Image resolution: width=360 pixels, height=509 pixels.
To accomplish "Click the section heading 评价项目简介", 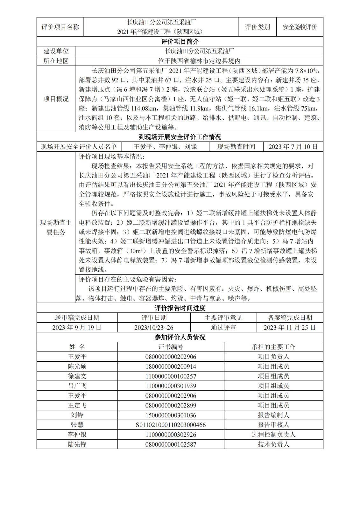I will point(180,42).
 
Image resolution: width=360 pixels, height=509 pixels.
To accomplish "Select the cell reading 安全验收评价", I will point(300,27).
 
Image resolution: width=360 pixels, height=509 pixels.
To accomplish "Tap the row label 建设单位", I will point(56,51).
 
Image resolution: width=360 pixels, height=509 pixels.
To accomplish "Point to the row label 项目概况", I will point(56,99).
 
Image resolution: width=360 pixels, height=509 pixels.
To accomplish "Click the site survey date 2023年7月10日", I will point(293,147).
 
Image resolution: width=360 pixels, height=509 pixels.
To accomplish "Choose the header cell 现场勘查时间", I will point(236,147).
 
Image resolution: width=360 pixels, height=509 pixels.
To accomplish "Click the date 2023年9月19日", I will point(77,327).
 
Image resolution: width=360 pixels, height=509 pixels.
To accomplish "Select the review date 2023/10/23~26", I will point(154,327).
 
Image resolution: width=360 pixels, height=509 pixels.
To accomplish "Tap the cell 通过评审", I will point(223,327).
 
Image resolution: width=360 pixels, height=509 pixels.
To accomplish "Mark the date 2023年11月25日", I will point(290,327).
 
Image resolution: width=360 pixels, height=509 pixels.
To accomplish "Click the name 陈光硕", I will point(77,366).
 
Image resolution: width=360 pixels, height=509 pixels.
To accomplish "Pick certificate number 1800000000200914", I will point(171,366).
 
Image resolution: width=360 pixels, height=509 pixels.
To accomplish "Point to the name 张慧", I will point(77,425).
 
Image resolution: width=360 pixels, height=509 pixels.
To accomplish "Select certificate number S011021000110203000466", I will point(171,425).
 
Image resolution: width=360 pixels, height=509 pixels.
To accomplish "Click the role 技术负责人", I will point(273,444).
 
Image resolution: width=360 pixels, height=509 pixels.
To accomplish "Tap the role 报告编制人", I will point(273,415).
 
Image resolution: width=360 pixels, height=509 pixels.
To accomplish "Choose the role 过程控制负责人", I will point(273,435).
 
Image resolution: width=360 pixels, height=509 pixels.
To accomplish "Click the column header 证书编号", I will point(171,347).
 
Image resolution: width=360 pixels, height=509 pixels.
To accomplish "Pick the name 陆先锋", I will point(77,444).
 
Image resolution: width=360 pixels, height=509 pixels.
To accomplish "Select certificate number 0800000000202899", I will point(171,406).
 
